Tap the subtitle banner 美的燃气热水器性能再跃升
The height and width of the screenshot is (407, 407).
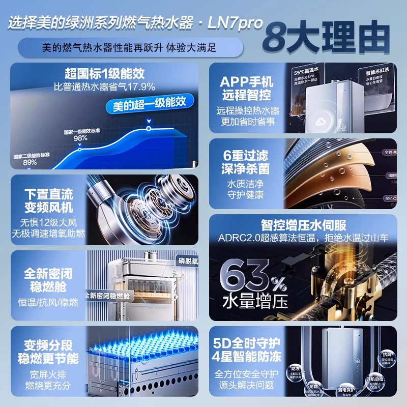click(x=129, y=48)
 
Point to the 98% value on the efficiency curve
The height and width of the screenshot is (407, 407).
click(x=80, y=138)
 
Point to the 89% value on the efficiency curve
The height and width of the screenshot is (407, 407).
click(x=30, y=162)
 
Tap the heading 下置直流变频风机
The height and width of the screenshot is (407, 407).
click(x=48, y=201)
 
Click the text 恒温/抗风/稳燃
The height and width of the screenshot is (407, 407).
click(x=48, y=302)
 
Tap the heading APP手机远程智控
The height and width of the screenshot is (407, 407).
click(x=247, y=88)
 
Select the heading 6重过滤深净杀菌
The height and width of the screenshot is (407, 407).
click(x=247, y=161)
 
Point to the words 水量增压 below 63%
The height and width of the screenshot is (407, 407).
click(x=249, y=302)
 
